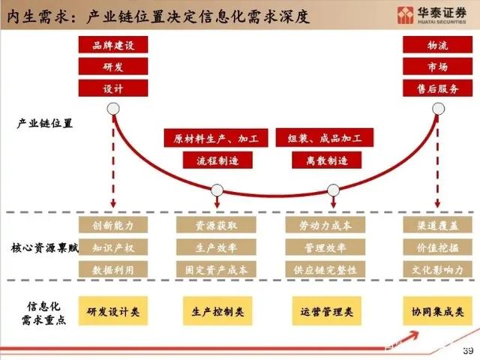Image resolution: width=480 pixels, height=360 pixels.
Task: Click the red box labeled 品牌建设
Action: pyautogui.click(x=113, y=45)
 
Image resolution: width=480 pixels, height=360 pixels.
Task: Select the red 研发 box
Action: pyautogui.click(x=113, y=67)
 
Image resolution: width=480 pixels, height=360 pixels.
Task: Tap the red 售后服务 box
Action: pyautogui.click(x=437, y=88)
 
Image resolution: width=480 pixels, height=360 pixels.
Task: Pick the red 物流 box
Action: pyautogui.click(x=437, y=45)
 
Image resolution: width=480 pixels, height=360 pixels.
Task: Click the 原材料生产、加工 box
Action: pyautogui.click(x=216, y=138)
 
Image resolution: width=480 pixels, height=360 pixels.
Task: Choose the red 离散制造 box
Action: pyautogui.click(x=327, y=160)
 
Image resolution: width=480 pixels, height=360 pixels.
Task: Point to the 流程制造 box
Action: pyautogui.click(x=217, y=160)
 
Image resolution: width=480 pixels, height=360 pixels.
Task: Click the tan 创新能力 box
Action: pyautogui.click(x=113, y=225)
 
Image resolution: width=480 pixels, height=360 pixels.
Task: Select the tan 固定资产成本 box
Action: pyautogui.click(x=216, y=269)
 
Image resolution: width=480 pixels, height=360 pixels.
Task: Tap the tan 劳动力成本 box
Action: pyautogui.click(x=325, y=225)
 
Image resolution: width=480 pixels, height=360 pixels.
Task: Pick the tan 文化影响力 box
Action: pyautogui.click(x=437, y=269)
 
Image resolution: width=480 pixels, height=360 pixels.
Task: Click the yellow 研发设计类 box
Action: pyautogui.click(x=113, y=311)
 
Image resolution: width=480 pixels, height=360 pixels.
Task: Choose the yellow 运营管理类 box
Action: pyautogui.click(x=327, y=311)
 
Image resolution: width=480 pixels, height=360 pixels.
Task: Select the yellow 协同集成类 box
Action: pyautogui.click(x=437, y=311)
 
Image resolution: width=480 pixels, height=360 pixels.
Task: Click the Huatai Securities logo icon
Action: pyautogui.click(x=405, y=15)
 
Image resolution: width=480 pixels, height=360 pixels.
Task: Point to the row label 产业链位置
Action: pyautogui.click(x=45, y=123)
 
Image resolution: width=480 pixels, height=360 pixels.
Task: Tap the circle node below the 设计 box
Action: pyautogui.click(x=113, y=109)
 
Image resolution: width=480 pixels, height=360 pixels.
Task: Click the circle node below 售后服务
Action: pyautogui.click(x=438, y=109)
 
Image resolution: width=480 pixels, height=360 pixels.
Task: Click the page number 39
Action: pyautogui.click(x=468, y=350)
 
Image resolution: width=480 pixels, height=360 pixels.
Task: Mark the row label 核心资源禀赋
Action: pyautogui.click(x=45, y=247)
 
